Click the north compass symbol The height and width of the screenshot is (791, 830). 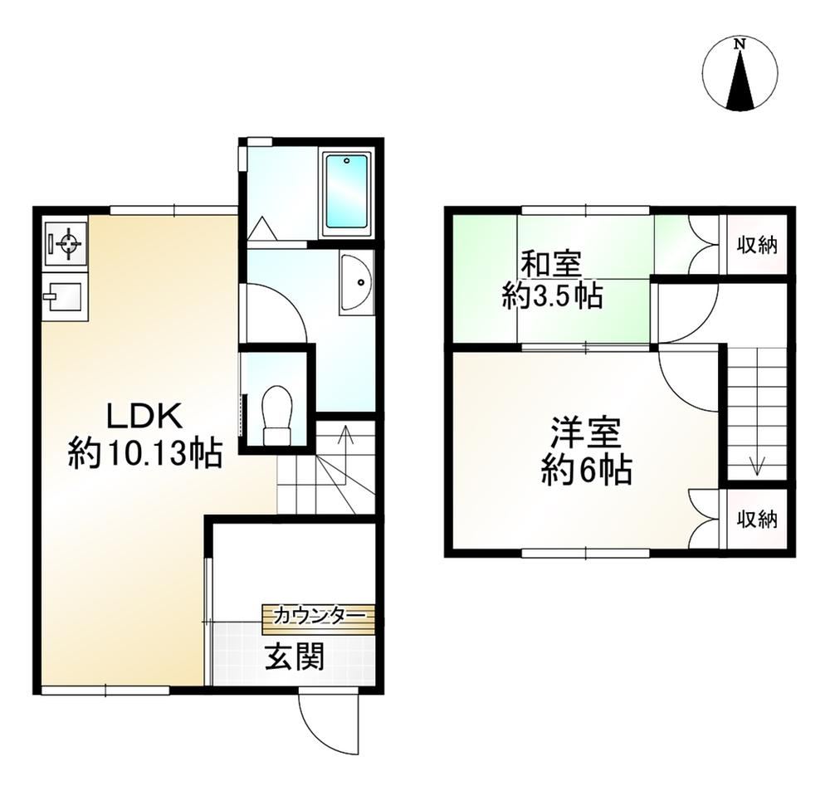[x=740, y=74]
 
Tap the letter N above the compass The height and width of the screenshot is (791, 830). [x=740, y=45]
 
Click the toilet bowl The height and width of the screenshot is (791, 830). [x=277, y=414]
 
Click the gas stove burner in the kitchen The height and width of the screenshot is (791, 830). [x=66, y=243]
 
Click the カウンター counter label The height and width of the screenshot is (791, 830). [x=320, y=615]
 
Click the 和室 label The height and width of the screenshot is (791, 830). [x=552, y=266]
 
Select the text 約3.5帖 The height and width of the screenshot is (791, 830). [x=552, y=296]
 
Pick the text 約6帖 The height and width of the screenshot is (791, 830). [x=586, y=470]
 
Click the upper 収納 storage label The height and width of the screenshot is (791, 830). [x=758, y=245]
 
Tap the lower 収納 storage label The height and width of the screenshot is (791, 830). [x=758, y=520]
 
